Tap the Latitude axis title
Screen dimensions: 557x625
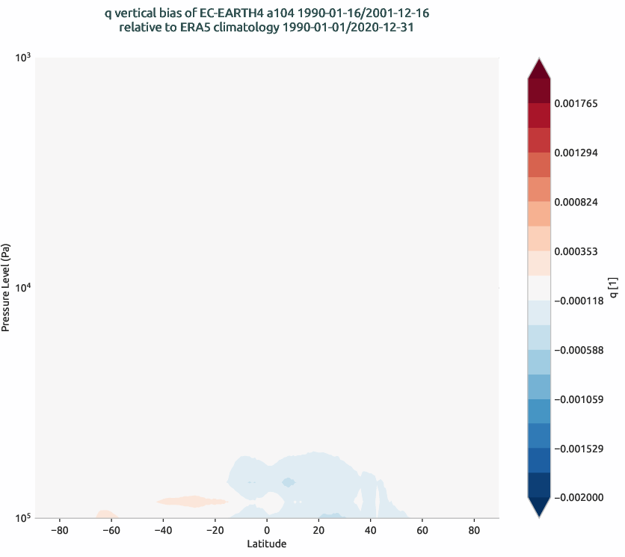click(x=267, y=544)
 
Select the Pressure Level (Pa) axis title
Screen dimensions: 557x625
click(x=6, y=287)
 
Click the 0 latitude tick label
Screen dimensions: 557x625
click(x=267, y=530)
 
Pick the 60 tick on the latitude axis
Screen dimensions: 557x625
click(x=422, y=530)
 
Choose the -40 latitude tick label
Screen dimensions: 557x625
click(x=162, y=530)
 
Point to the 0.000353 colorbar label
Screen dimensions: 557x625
click(x=576, y=251)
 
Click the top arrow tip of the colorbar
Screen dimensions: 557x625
click(x=538, y=59)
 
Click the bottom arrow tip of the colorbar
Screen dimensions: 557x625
click(x=538, y=516)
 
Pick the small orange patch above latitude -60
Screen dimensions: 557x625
click(x=105, y=514)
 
